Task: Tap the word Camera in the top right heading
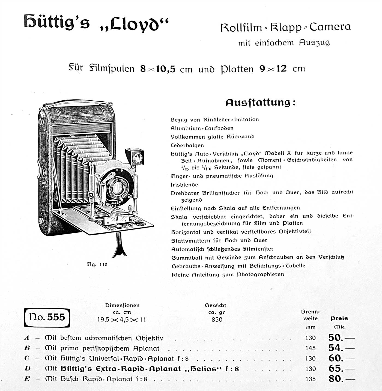click(330, 27)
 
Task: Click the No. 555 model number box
click(47, 317)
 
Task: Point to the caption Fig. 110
click(97, 264)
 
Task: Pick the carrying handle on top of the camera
click(76, 103)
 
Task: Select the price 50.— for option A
click(341, 338)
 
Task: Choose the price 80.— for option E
click(341, 379)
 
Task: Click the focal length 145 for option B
click(311, 348)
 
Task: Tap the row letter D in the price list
click(27, 369)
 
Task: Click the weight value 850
click(217, 320)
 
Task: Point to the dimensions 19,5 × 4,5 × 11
click(122, 320)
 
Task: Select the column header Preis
click(339, 318)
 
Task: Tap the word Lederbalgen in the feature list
click(187, 145)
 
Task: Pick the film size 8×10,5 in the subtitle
click(158, 69)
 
